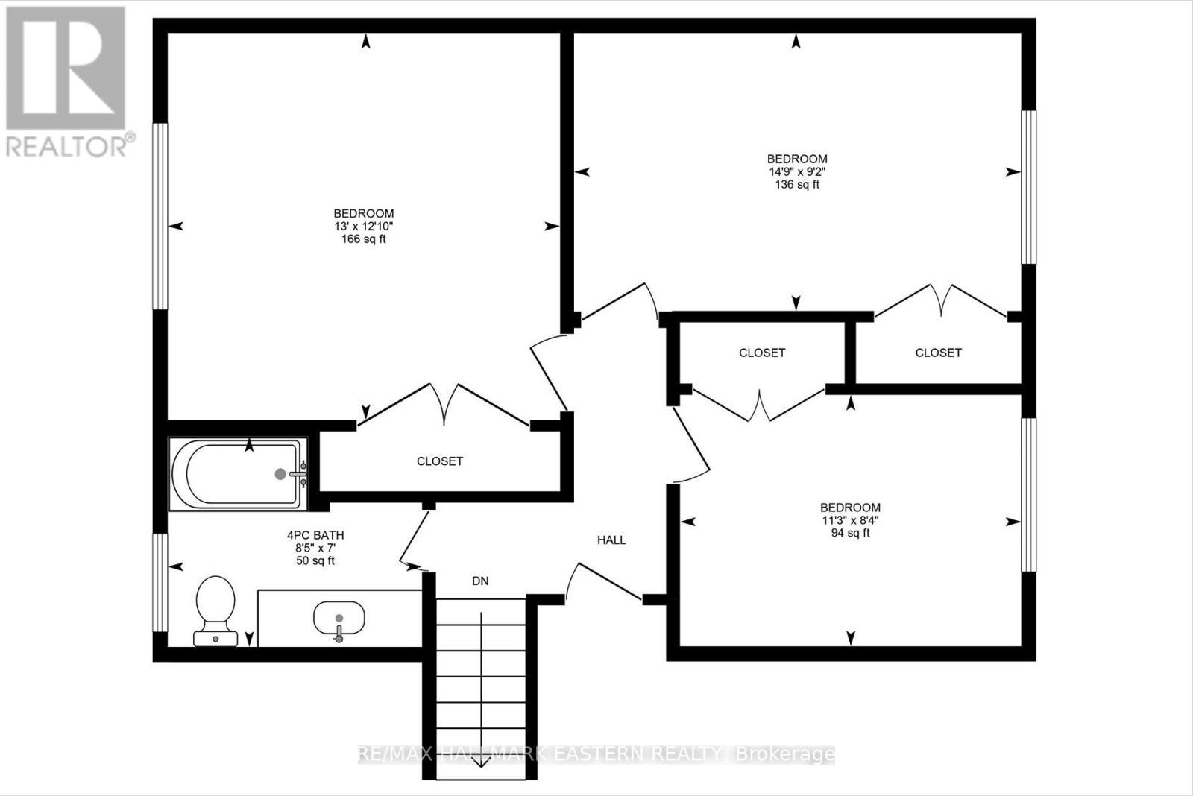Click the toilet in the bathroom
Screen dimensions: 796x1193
pyautogui.click(x=215, y=607)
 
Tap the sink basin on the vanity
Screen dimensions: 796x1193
pyautogui.click(x=339, y=617)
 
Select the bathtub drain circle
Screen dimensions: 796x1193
pyautogui.click(x=280, y=473)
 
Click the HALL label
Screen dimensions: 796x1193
pyautogui.click(x=611, y=540)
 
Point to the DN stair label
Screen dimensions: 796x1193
pyautogui.click(x=480, y=581)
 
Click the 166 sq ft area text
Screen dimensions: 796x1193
pyautogui.click(x=364, y=239)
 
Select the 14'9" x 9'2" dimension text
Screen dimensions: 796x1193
pyautogui.click(x=797, y=171)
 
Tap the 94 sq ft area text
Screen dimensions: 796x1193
pyautogui.click(x=851, y=533)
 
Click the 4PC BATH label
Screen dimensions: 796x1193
pyautogui.click(x=315, y=535)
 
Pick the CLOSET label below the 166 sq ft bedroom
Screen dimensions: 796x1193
pyautogui.click(x=440, y=461)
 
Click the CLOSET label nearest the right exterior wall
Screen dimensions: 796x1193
pyautogui.click(x=938, y=353)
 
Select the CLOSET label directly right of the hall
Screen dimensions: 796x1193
pyautogui.click(x=762, y=353)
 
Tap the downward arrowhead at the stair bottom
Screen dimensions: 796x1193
pyautogui.click(x=481, y=762)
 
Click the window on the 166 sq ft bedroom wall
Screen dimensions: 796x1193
pyautogui.click(x=160, y=216)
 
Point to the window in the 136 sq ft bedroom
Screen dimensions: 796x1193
pyautogui.click(x=1029, y=186)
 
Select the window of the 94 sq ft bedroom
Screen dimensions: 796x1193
pyautogui.click(x=1029, y=494)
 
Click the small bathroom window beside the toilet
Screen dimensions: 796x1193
pyautogui.click(x=160, y=581)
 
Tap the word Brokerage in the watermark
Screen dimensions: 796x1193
pyautogui.click(x=785, y=754)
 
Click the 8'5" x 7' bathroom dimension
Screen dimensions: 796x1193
pyautogui.click(x=315, y=548)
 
